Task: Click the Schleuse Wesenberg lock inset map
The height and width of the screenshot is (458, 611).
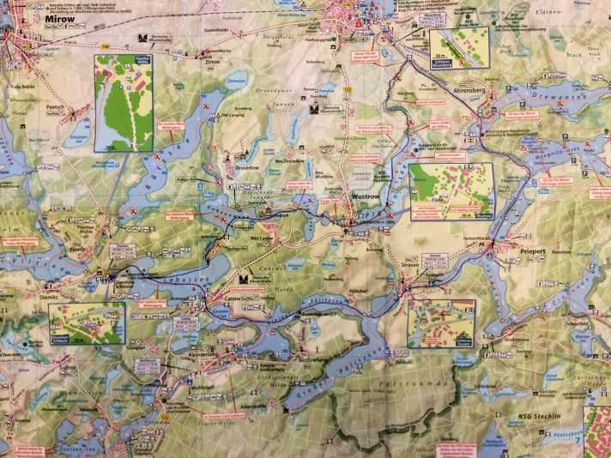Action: click(459, 48)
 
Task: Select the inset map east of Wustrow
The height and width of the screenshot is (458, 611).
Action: click(451, 191)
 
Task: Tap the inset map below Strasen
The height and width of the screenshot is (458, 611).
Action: click(441, 323)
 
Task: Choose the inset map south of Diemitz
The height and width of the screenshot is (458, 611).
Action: click(87, 322)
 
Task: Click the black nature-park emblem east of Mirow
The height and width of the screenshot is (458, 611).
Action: click(142, 39)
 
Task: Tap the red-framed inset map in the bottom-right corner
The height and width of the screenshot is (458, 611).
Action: click(597, 432)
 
